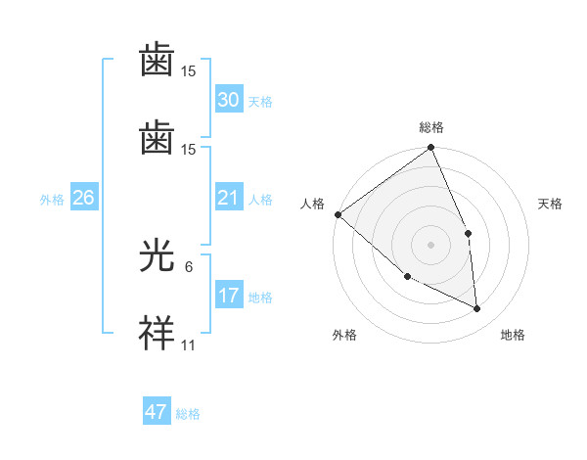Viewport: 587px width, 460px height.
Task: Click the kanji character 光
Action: [x=157, y=258]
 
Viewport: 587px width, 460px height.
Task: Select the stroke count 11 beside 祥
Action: [x=189, y=345]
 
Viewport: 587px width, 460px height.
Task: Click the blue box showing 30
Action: [x=228, y=99]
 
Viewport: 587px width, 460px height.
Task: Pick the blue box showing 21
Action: [x=228, y=198]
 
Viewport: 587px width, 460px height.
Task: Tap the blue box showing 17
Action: [x=228, y=296]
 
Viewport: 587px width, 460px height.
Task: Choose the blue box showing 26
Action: [x=83, y=198]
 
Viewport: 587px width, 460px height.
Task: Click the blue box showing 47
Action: [x=156, y=412]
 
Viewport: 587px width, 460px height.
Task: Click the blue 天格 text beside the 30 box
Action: [x=260, y=102]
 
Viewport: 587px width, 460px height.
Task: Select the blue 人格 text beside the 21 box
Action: [x=260, y=200]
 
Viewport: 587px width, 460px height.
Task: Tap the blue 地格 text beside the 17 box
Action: [x=260, y=298]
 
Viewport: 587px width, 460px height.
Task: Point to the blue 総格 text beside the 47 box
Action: [x=188, y=414]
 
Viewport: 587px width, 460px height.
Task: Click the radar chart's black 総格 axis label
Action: [x=430, y=127]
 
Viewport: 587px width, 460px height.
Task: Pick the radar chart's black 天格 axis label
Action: [x=550, y=204]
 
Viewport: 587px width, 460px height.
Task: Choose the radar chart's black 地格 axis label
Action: [x=513, y=335]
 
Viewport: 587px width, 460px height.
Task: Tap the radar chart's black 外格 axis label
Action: [x=344, y=335]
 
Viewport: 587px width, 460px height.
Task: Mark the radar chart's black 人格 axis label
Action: [x=311, y=204]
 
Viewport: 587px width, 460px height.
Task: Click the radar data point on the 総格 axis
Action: [x=430, y=149]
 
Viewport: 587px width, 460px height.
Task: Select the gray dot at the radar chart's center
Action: [x=430, y=244]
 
